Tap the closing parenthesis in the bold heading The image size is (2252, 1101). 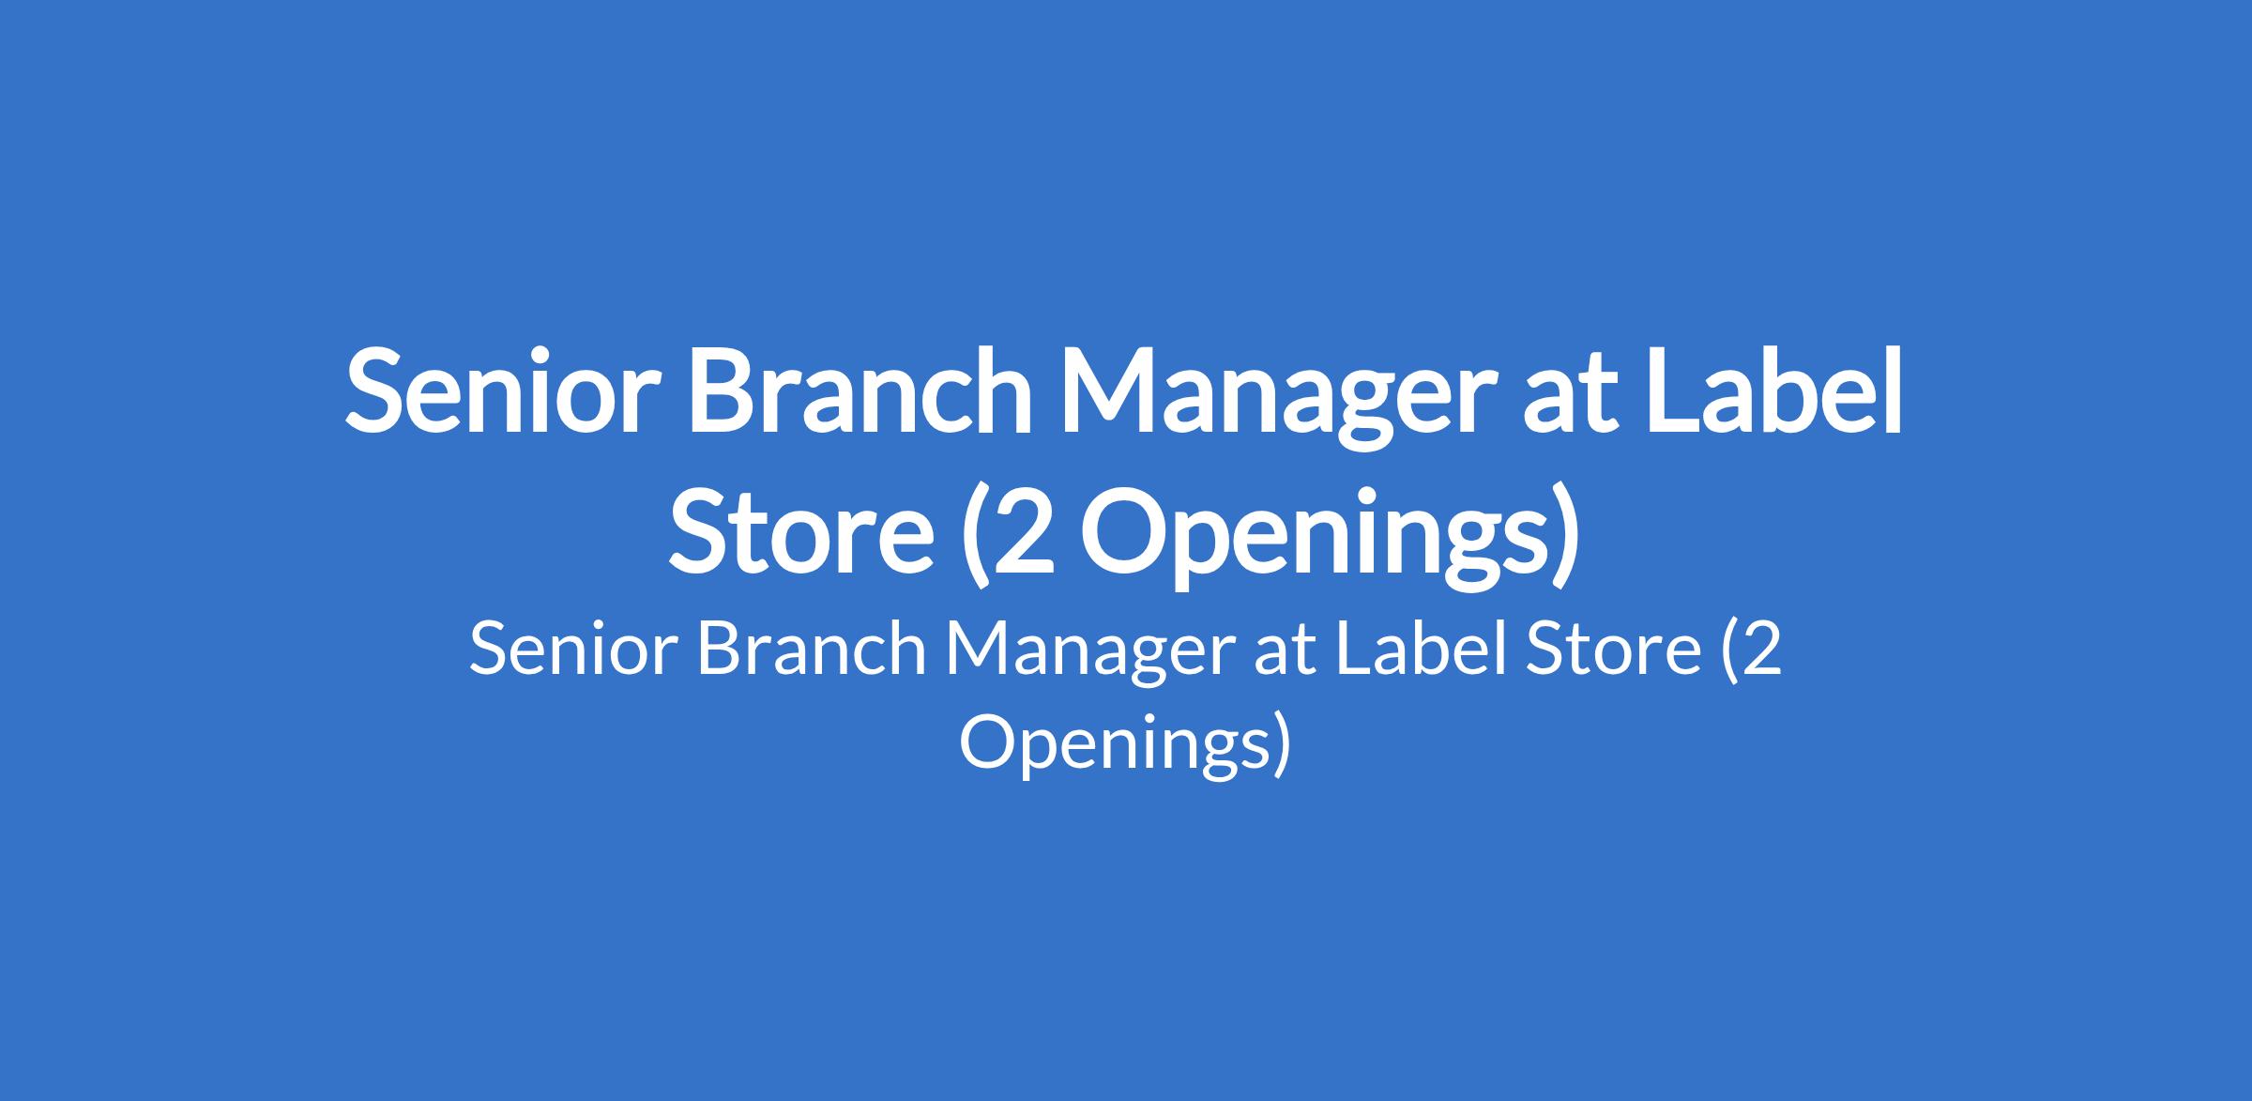coord(1566,535)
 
